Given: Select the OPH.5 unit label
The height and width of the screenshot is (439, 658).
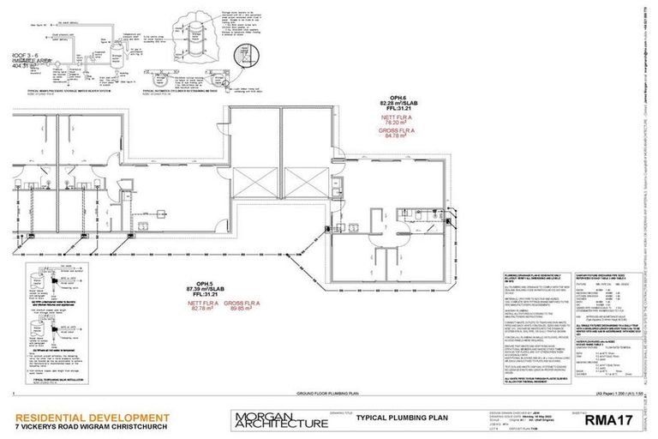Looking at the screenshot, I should pos(205,283).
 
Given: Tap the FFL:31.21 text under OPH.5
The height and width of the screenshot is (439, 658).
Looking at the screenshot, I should pos(205,294).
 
